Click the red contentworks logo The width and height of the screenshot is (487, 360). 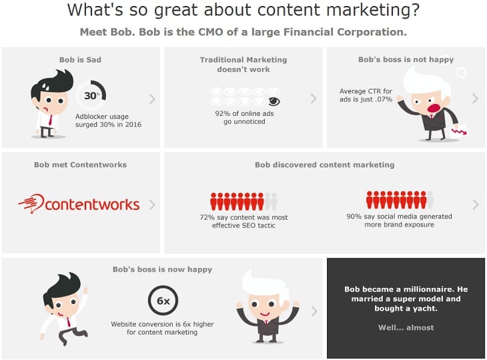pos(79,204)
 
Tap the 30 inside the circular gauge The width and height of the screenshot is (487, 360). pos(90,95)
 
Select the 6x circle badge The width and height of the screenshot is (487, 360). pos(163,301)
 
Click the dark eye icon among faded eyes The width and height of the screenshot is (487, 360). pos(274,101)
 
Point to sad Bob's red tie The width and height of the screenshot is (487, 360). pos(50,120)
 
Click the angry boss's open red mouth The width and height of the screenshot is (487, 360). pos(434,108)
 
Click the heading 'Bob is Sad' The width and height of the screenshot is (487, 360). pos(80,59)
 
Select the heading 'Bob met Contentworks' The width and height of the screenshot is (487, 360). pos(80,165)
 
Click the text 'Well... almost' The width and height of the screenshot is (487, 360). pos(406,327)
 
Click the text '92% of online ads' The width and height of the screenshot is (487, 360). pos(244,113)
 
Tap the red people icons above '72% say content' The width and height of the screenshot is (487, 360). pos(237,201)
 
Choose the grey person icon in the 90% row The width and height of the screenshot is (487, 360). pos(430,200)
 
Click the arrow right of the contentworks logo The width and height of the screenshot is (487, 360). pos(152,205)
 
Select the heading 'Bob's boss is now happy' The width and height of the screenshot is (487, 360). pos(162,269)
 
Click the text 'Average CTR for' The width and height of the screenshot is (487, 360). pos(366,91)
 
